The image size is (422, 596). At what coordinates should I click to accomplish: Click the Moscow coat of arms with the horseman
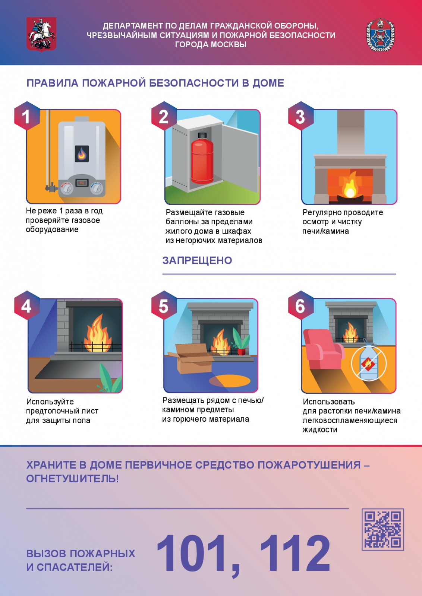41,34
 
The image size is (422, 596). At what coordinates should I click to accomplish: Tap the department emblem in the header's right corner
380,35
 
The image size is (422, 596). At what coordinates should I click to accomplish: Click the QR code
382,529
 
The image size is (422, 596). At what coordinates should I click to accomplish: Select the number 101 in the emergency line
191,553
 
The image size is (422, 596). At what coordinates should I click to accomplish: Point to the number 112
295,553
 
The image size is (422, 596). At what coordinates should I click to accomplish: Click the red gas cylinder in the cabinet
202,158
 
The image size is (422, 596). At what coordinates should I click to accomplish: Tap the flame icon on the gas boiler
82,154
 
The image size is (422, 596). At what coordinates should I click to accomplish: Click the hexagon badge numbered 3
300,116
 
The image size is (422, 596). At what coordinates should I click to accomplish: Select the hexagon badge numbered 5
164,305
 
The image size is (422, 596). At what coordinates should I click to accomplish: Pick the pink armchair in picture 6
323,349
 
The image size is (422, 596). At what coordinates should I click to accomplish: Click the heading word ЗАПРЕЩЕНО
197,260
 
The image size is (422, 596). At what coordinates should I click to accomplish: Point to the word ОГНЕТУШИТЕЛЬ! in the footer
72,479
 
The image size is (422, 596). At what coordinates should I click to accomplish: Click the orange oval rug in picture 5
230,380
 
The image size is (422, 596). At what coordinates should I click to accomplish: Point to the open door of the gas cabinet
240,156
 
